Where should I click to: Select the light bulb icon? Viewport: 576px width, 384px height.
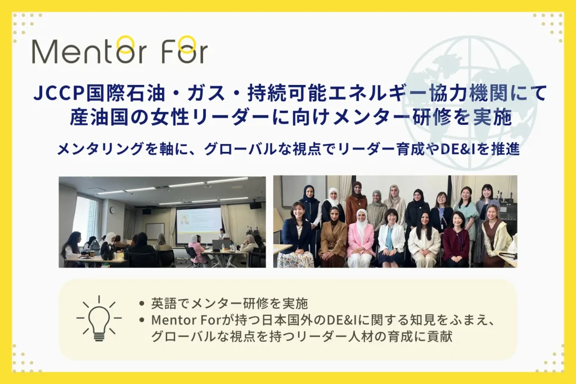tap(99, 318)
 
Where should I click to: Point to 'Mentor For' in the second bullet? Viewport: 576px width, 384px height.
tap(185, 320)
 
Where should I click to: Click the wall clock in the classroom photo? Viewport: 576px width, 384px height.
tap(112, 210)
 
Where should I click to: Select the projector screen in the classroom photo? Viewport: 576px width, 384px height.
tap(199, 225)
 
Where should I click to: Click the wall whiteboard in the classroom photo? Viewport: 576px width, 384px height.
tap(155, 231)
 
